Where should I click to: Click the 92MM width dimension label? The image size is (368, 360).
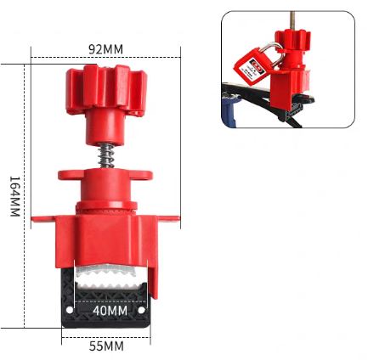pos(106,49)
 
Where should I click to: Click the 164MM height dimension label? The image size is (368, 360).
pos(14,196)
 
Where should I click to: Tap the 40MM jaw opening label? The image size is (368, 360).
pos(110,311)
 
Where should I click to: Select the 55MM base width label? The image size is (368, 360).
pos(106,346)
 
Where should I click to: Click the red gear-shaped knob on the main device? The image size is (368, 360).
pos(106,90)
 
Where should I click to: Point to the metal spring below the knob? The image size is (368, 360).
pos(106,155)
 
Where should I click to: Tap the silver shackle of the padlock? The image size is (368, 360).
pos(272,53)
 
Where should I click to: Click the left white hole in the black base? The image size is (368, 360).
pos(70,310)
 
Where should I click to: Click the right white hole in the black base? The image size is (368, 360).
pos(141,310)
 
